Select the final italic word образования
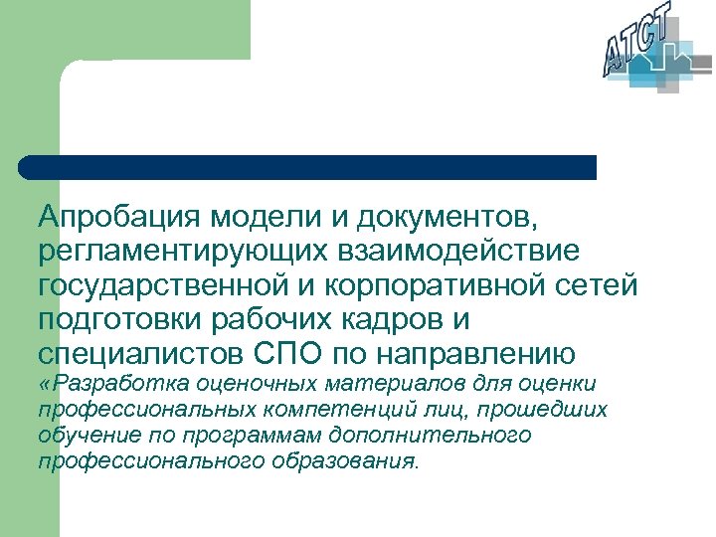pyautogui.click(x=338, y=461)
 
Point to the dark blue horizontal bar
pyautogui.click(x=308, y=167)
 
